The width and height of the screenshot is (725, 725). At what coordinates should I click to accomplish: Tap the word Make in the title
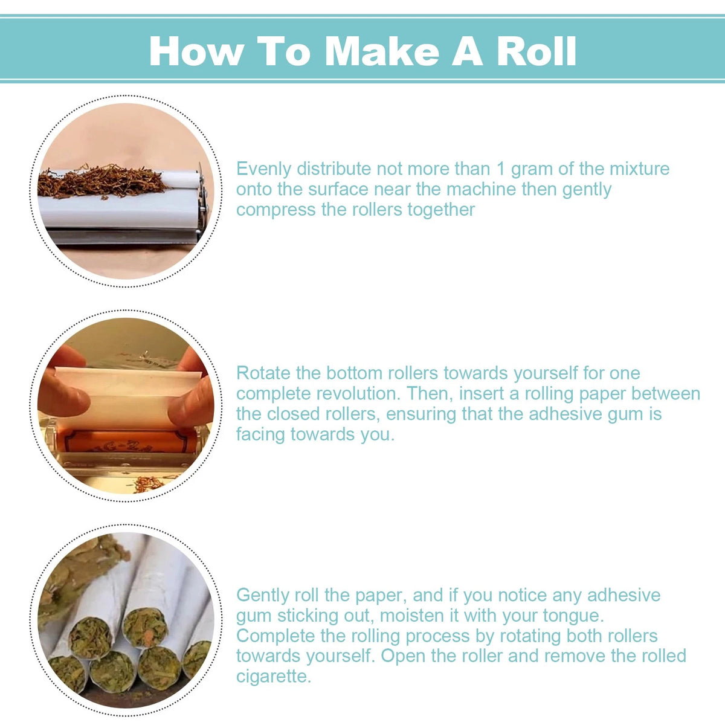pyautogui.click(x=381, y=51)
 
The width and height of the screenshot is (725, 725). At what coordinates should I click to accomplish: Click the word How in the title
pyautogui.click(x=196, y=51)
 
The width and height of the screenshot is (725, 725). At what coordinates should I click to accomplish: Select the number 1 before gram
pyautogui.click(x=500, y=169)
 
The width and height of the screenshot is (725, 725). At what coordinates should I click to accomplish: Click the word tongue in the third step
pyautogui.click(x=573, y=616)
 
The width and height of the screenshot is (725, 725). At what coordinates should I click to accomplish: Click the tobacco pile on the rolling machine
pyautogui.click(x=101, y=181)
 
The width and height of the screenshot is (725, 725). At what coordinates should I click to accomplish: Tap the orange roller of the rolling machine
pyautogui.click(x=128, y=441)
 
